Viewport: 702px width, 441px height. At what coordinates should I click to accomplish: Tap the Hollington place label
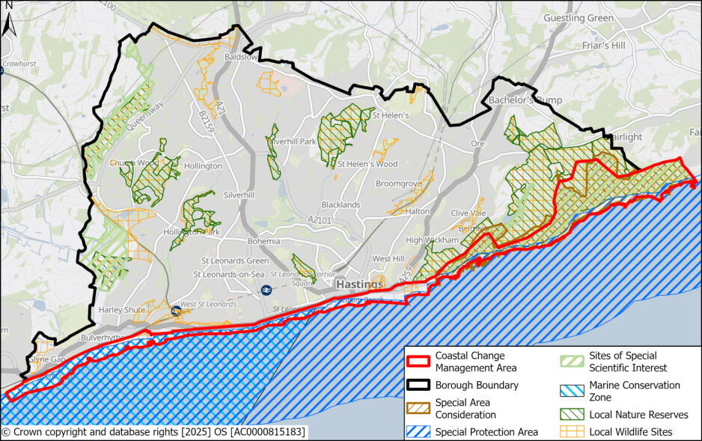click(x=203, y=165)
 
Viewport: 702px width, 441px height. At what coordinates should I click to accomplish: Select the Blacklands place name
click(x=341, y=204)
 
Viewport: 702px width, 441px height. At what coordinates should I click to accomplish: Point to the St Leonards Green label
click(x=236, y=261)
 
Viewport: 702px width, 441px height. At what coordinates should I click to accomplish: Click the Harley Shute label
click(x=120, y=310)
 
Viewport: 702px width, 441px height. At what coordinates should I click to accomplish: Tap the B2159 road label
click(x=207, y=121)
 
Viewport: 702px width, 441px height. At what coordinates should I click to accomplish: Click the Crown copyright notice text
click(x=153, y=432)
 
